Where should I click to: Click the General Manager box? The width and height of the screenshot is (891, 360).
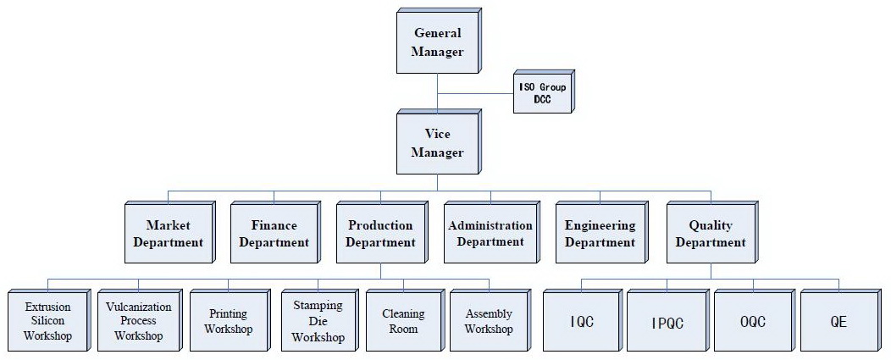coord(437,43)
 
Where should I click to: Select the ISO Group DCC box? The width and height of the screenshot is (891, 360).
coord(543,92)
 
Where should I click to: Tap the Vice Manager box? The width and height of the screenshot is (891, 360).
coord(437,145)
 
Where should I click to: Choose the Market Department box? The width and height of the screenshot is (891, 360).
coord(167,235)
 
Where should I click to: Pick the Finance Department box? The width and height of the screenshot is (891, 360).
coord(274,235)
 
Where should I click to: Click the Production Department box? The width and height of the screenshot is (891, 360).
coord(380,235)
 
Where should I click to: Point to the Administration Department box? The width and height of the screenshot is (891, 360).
coord(490,235)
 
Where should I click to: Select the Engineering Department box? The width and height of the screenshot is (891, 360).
coord(600,235)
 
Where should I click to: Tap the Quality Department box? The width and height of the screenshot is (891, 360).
coord(710,235)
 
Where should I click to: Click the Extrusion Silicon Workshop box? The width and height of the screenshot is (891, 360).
coord(47,321)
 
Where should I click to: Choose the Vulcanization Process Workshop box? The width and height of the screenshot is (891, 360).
coord(138,321)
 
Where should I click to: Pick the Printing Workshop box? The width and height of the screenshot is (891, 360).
coord(228,321)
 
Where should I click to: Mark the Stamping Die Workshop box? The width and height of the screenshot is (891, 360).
coord(318,321)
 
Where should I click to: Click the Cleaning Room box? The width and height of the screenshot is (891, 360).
coord(403,321)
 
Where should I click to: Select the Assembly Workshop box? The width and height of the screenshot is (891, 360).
coord(489,321)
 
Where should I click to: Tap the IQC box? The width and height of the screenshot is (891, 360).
coord(582,321)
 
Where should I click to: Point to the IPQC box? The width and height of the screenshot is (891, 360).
coord(667,321)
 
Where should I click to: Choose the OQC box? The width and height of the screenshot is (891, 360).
coord(753,321)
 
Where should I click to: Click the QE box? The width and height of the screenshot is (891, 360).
coord(838,321)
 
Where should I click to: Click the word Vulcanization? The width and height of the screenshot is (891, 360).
coord(138,307)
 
